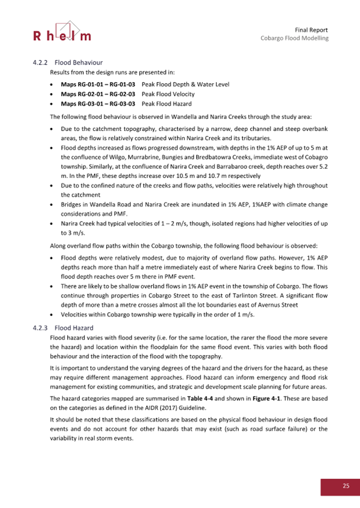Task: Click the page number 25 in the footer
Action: click(346, 485)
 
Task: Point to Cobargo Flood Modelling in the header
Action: click(294, 38)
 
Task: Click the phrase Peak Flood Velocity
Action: click(166, 94)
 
